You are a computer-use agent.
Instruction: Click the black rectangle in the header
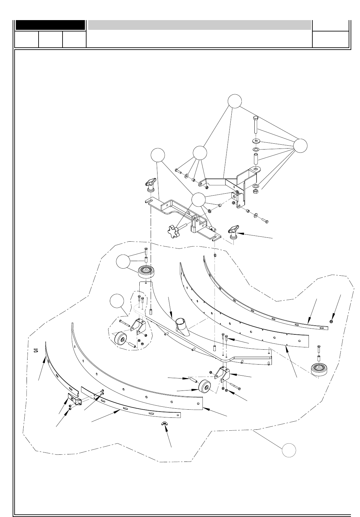(50, 25)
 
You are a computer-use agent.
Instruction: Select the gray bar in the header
(200, 25)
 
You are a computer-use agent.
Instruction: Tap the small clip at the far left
(36, 350)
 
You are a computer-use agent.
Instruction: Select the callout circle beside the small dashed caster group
(117, 301)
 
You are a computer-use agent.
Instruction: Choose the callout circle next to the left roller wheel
(123, 262)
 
